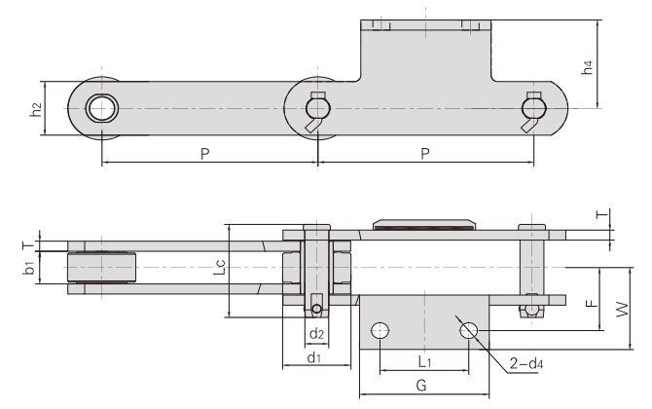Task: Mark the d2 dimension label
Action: pyautogui.click(x=316, y=335)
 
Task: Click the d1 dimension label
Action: pyautogui.click(x=314, y=358)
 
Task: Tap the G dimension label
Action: pyautogui.click(x=420, y=387)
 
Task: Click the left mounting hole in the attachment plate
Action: pyautogui.click(x=380, y=332)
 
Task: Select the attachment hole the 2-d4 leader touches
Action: pyautogui.click(x=468, y=331)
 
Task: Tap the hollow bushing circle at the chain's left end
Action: pyautogui.click(x=98, y=107)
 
